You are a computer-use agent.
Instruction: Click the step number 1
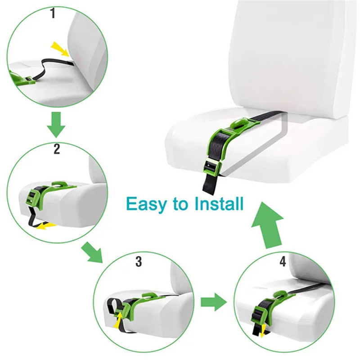[53, 13]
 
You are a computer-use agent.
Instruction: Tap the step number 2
[57, 149]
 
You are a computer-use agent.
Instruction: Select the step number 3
[139, 261]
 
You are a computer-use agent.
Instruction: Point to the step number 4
[283, 261]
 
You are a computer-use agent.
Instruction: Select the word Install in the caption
[219, 203]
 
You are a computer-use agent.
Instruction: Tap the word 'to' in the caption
[180, 204]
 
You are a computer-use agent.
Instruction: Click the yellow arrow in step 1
[60, 49]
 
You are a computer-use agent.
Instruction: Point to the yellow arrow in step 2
[47, 226]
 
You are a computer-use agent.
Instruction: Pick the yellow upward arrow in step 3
[118, 321]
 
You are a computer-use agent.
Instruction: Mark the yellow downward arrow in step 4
[262, 331]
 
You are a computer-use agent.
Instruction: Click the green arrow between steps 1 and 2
[56, 125]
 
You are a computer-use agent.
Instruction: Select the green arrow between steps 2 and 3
[92, 252]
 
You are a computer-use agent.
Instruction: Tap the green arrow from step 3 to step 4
[214, 302]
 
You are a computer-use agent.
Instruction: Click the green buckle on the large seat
[212, 165]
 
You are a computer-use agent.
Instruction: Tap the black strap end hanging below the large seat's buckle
[210, 183]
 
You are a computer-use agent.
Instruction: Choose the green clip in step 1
[22, 78]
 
